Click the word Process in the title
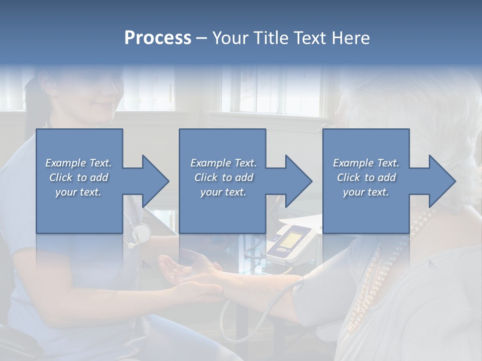tap(158, 38)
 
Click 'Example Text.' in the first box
tap(78, 163)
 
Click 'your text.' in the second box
tap(223, 192)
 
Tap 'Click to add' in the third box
tap(366, 177)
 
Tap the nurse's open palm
tap(176, 271)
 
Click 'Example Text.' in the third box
tap(366, 163)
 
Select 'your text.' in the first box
tap(78, 192)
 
